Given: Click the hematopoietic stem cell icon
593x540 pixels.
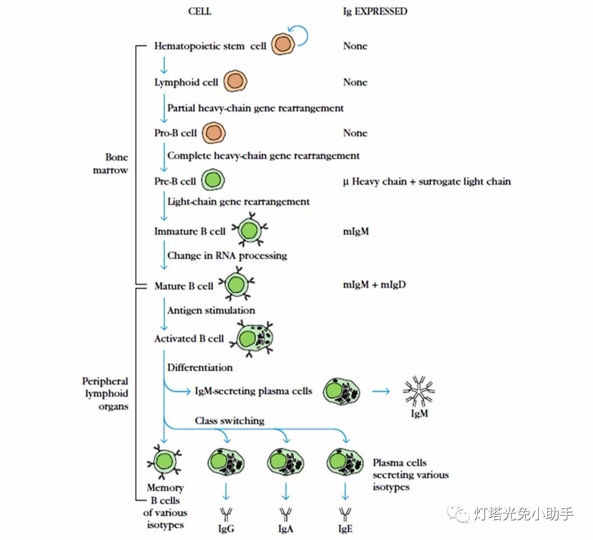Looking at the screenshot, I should pyautogui.click(x=282, y=45).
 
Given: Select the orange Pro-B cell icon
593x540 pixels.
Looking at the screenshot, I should pyautogui.click(x=214, y=132).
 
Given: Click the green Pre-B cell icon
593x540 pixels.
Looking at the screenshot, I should pyautogui.click(x=213, y=181).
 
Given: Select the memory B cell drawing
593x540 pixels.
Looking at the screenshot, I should pyautogui.click(x=165, y=460).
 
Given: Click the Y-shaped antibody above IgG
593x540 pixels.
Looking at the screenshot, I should pyautogui.click(x=226, y=513).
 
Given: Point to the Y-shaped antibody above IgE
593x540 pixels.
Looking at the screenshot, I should pyautogui.click(x=345, y=513).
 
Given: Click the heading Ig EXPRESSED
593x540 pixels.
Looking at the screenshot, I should pyautogui.click(x=375, y=11).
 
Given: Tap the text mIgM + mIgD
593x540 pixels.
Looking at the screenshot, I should pyautogui.click(x=374, y=285).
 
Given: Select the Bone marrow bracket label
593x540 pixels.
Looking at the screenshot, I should pyautogui.click(x=117, y=164).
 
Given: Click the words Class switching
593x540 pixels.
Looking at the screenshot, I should pyautogui.click(x=229, y=421).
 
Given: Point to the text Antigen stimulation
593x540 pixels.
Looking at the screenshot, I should pyautogui.click(x=211, y=310).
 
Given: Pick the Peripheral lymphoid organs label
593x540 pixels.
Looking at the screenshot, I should pyautogui.click(x=105, y=393).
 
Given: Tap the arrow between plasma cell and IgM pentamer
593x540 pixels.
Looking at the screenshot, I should pyautogui.click(x=380, y=392).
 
